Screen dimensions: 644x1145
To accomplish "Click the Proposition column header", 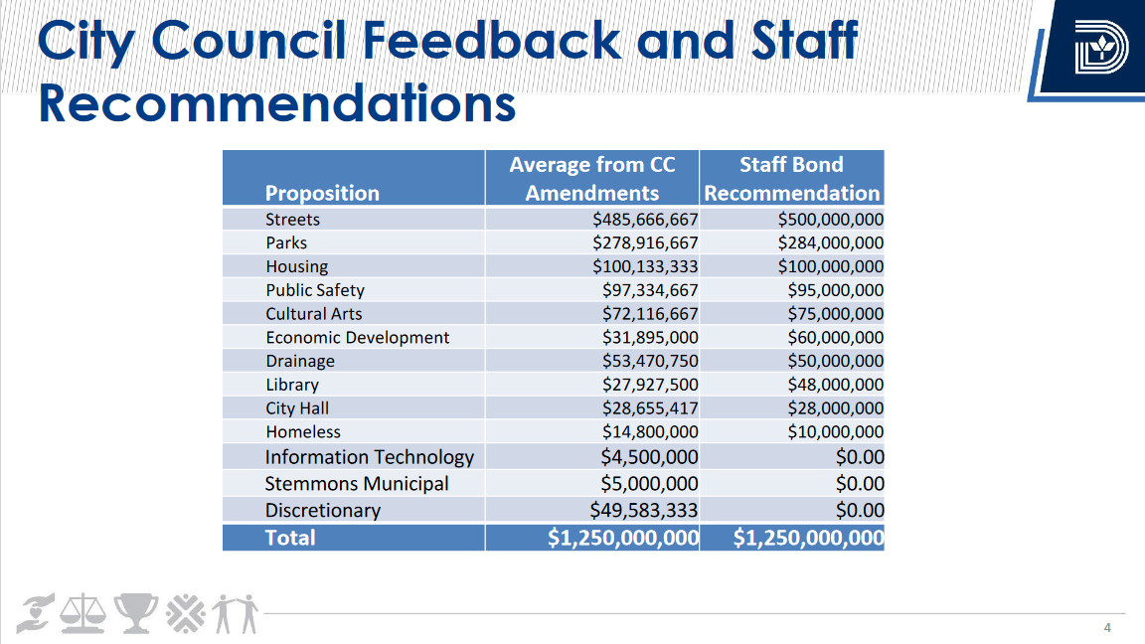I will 322,193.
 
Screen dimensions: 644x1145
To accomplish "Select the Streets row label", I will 292,220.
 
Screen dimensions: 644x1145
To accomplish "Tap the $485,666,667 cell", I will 645,220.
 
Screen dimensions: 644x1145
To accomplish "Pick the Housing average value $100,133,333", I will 645,266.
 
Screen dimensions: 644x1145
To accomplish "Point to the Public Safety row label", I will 314,290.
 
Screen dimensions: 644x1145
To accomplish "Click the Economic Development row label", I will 357,338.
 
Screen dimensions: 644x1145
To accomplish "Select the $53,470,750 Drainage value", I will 650,361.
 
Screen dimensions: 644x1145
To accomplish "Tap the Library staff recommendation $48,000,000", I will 830,385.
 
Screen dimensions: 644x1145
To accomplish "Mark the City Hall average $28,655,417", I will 650,408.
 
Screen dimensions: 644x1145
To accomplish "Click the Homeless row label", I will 302,432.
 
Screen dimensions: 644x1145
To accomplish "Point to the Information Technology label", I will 369,457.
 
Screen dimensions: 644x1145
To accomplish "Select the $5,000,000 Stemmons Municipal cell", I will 649,484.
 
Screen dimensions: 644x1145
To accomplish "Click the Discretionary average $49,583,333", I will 643,511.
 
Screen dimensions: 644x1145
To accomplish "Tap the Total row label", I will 290,538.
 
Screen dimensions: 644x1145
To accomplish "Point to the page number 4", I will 1107,627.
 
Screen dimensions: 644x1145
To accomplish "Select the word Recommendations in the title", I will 276,103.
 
